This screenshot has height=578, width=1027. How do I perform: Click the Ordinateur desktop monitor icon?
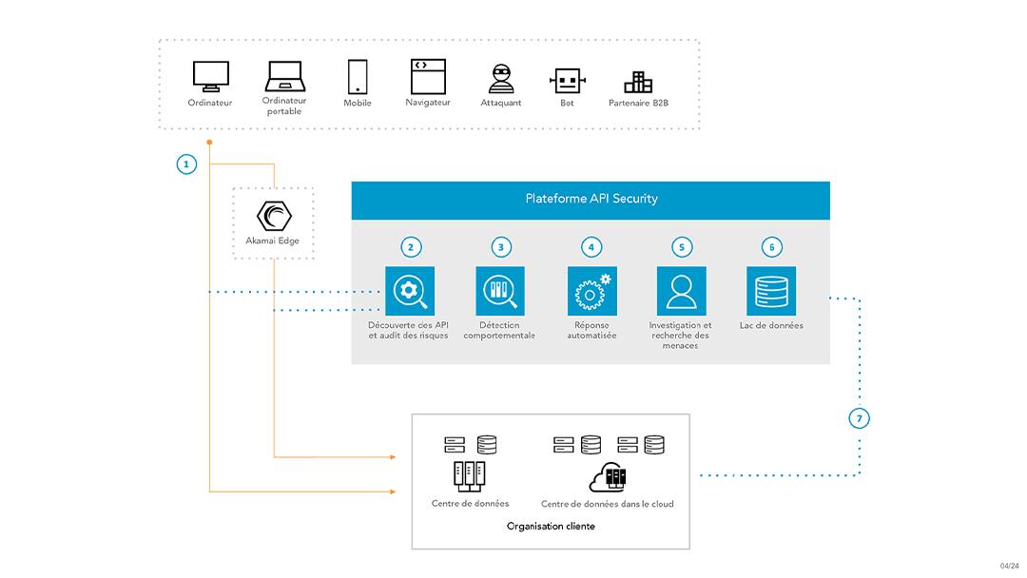pyautogui.click(x=210, y=76)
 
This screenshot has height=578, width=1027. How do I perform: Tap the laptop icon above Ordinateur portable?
pyautogui.click(x=283, y=76)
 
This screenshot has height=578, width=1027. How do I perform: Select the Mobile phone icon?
pyautogui.click(x=358, y=76)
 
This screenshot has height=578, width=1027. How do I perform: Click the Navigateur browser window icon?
pyautogui.click(x=428, y=76)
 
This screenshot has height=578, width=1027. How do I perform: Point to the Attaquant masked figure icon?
pyautogui.click(x=501, y=79)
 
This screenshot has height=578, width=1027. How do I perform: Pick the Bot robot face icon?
pyautogui.click(x=567, y=81)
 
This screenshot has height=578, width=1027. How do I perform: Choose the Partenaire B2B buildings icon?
pyautogui.click(x=638, y=82)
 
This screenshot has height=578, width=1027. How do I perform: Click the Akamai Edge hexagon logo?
pyautogui.click(x=273, y=216)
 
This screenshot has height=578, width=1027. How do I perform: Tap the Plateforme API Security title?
pyautogui.click(x=591, y=199)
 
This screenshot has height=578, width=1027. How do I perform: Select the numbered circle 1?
pyautogui.click(x=186, y=164)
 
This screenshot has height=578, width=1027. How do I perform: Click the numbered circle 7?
pyautogui.click(x=860, y=418)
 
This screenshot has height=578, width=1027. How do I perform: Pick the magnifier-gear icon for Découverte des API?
pyautogui.click(x=410, y=291)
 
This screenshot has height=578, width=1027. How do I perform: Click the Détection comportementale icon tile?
pyautogui.click(x=500, y=291)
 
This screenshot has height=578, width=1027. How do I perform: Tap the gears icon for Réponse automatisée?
pyautogui.click(x=591, y=291)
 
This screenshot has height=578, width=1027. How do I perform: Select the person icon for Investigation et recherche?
pyautogui.click(x=681, y=291)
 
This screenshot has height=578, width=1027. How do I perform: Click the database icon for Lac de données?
pyautogui.click(x=771, y=291)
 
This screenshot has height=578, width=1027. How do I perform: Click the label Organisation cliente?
pyautogui.click(x=551, y=526)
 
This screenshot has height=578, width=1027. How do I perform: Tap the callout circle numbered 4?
pyautogui.click(x=591, y=247)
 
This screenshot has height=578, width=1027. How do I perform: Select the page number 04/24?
pyautogui.click(x=1009, y=566)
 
